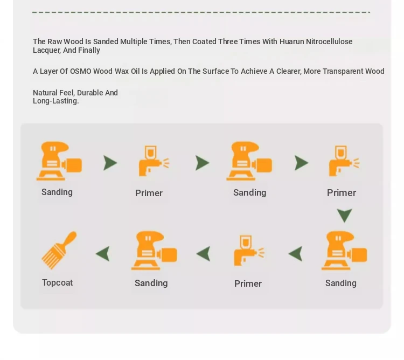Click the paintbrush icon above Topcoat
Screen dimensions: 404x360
coord(59,250)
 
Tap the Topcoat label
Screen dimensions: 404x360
coord(58,283)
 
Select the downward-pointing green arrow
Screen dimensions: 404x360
coord(345,216)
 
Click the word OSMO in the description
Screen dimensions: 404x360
coord(81,71)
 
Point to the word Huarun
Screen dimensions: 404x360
coord(291,41)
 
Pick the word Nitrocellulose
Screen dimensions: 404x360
coord(329,41)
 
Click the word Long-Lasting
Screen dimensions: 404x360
coord(56,101)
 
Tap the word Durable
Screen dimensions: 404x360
coord(89,93)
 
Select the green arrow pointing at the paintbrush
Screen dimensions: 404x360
coord(102,254)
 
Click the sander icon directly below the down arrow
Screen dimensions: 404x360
coord(344,251)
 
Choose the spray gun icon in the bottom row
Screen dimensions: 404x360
coord(249,251)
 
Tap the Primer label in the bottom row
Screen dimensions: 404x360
coord(248,283)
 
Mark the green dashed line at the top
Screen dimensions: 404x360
coord(201,12)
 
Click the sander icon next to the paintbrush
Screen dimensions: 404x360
coord(154,251)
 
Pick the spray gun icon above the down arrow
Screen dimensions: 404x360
coord(344,161)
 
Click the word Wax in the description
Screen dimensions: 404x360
coord(122,71)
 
